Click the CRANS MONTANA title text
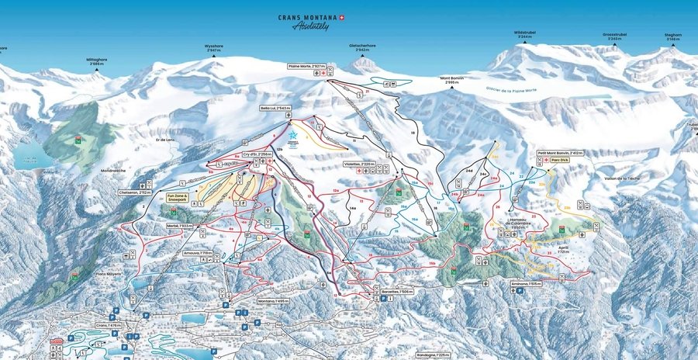click(x=309, y=17)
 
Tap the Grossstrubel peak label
click(x=615, y=36)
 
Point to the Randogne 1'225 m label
click(x=434, y=355)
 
